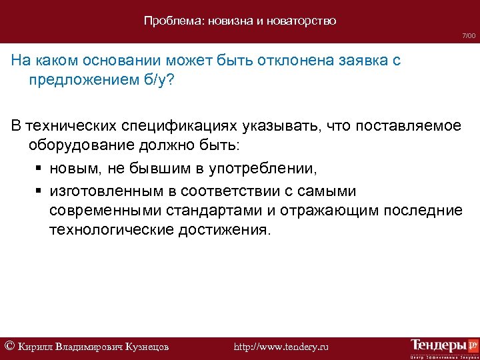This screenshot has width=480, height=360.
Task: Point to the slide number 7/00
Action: [469, 35]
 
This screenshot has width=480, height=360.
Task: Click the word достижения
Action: [225, 230]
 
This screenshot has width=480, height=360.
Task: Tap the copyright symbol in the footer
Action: [10, 345]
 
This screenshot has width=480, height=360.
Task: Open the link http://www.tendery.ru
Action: [282, 347]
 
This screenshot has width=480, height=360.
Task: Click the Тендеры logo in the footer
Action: [444, 346]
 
